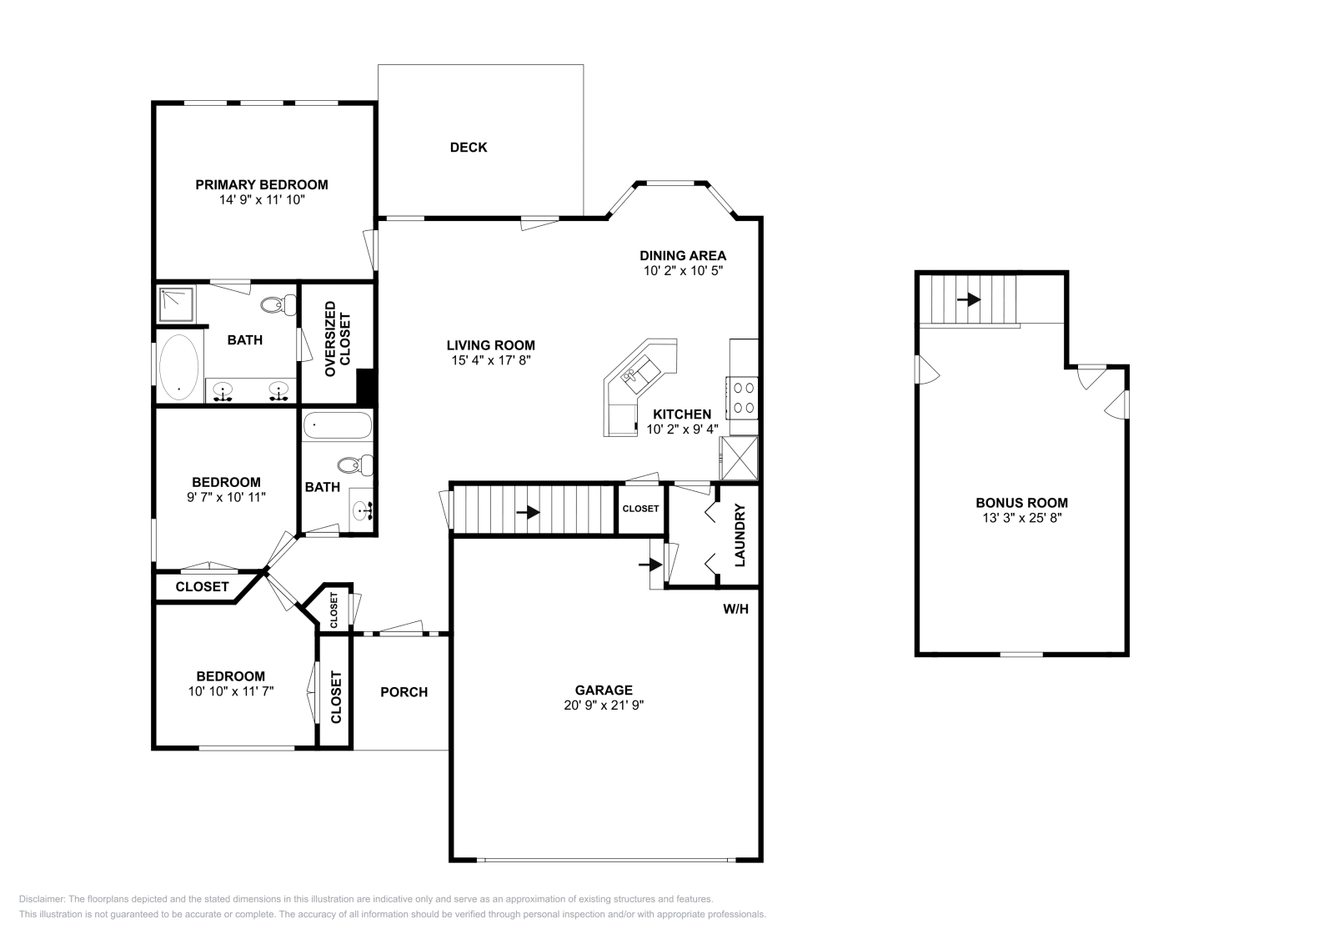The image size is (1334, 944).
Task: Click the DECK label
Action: point(468,147)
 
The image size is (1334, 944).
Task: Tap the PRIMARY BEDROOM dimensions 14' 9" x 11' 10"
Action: point(262,199)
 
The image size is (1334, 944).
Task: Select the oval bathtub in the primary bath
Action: point(179,367)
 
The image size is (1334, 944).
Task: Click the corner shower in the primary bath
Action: point(177,304)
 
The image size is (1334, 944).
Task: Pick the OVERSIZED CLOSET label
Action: point(338,339)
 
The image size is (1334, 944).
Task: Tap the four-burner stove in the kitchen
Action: point(742,398)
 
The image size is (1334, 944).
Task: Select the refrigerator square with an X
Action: point(739,458)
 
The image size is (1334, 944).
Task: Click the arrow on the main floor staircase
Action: point(528,512)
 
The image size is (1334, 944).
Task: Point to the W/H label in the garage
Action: point(735,609)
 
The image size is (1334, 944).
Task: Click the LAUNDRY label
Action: point(740,535)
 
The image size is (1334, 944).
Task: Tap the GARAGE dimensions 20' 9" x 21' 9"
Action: point(604,705)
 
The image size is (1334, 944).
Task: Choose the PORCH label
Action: point(404,692)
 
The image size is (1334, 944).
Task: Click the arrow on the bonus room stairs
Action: point(969,299)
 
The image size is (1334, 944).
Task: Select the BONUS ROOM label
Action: point(1022,503)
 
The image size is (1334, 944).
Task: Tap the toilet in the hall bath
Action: point(355,465)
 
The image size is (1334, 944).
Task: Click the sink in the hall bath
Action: point(363,510)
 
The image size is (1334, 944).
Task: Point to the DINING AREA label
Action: point(683,255)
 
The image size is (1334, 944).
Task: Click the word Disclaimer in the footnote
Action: point(41,899)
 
